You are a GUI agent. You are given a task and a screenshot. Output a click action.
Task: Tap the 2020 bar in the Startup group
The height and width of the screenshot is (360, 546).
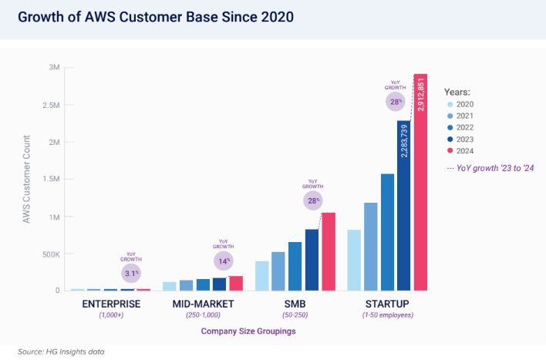354,260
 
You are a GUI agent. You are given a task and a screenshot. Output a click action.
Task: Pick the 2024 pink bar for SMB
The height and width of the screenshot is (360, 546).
328,251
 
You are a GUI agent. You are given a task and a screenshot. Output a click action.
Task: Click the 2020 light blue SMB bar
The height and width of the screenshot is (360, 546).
262,275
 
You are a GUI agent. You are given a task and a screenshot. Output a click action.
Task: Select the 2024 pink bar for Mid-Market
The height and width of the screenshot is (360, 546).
236,283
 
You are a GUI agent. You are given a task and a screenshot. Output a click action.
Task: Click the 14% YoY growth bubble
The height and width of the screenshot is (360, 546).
224,261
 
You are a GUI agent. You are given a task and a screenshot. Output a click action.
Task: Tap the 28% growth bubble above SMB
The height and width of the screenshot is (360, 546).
312,200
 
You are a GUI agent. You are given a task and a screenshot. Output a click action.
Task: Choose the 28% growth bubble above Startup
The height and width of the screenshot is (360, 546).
395,101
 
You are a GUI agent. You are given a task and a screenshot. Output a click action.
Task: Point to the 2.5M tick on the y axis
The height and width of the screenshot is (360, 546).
51,105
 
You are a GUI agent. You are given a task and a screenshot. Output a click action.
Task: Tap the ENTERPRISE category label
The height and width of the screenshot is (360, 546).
111,304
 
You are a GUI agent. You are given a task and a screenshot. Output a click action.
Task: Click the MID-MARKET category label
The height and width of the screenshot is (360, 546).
202,304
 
